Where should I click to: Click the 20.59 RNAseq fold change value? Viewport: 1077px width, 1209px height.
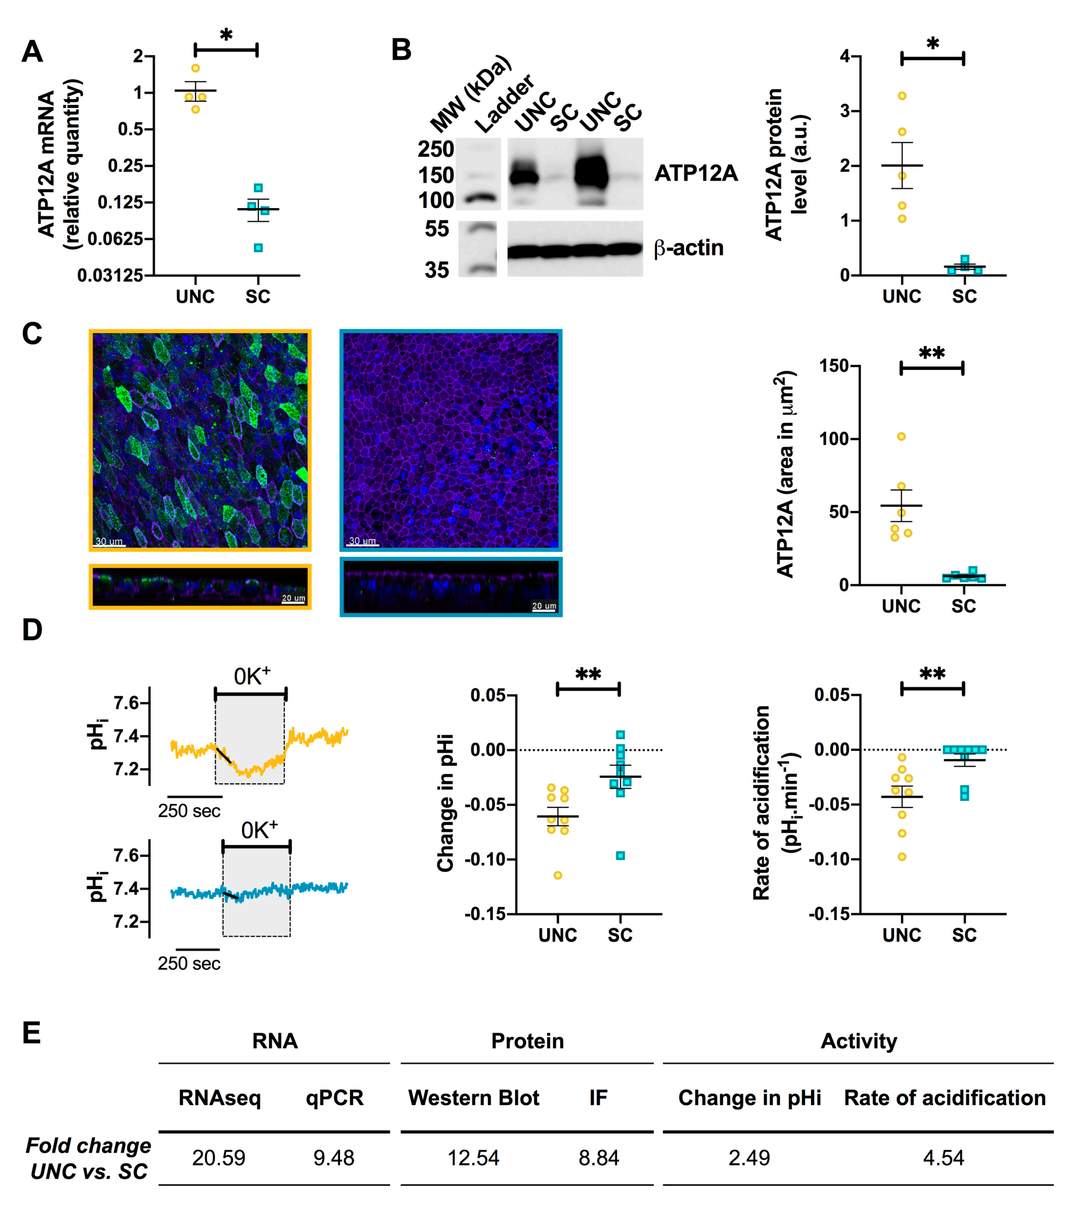[218, 1158]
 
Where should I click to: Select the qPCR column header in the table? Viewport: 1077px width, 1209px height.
[334, 1098]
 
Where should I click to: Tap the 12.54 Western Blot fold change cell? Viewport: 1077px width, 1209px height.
[473, 1158]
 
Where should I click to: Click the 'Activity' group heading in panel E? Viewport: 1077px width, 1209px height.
[859, 1041]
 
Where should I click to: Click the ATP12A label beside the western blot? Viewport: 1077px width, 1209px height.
[696, 173]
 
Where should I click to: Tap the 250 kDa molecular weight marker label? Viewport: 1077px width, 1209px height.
[436, 149]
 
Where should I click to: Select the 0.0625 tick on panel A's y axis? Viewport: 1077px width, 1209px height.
[115, 239]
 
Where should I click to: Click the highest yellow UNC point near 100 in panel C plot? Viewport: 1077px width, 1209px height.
[901, 437]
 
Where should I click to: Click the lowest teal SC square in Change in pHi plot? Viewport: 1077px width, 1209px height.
[620, 856]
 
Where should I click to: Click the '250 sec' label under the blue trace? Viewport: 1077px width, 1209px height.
[189, 963]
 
